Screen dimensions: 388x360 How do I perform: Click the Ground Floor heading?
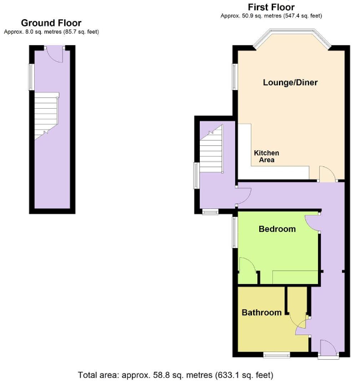click(51, 23)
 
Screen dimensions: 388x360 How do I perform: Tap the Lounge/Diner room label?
click(290, 82)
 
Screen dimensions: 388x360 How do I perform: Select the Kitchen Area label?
click(266, 157)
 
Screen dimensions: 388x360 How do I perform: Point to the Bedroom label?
click(277, 229)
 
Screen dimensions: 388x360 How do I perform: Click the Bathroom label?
click(262, 312)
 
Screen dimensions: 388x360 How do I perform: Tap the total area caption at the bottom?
click(175, 375)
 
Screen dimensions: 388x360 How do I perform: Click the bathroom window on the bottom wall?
click(276, 355)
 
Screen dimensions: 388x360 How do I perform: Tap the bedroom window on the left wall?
click(235, 231)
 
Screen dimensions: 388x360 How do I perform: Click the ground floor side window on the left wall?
click(31, 77)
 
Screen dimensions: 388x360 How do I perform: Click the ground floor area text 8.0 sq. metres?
click(51, 31)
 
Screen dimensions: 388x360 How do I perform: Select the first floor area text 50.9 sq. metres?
click(271, 15)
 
